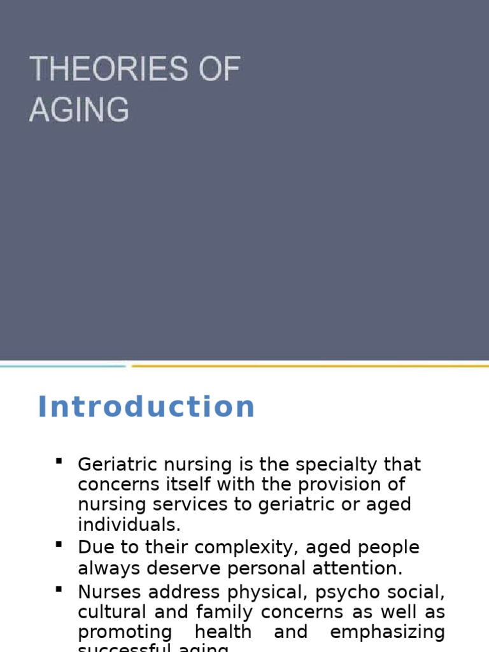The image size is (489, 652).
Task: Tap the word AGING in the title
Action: click(x=79, y=109)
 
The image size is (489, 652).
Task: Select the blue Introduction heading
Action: click(x=146, y=407)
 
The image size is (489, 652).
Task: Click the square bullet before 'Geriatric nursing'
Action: click(x=59, y=460)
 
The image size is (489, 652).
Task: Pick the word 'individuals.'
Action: click(x=129, y=525)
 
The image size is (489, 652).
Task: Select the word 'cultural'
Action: click(x=110, y=613)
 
